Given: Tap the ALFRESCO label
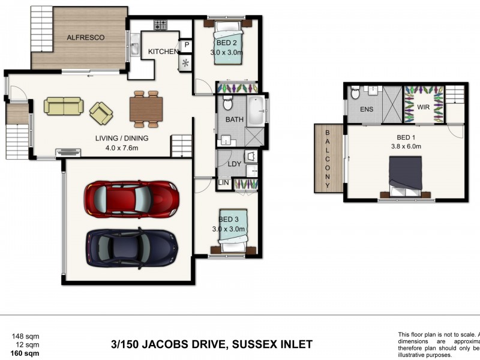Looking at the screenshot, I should click(85, 37).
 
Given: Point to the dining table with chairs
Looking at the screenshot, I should click(145, 109).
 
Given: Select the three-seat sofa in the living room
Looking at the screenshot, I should click(63, 106).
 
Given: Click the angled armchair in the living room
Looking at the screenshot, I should click(101, 112).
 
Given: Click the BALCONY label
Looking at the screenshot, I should click(328, 158).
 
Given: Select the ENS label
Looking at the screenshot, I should click(367, 110).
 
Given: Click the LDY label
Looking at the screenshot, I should click(233, 164).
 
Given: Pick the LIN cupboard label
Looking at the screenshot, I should click(223, 182).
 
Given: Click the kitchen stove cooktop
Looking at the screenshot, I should click(160, 25).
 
